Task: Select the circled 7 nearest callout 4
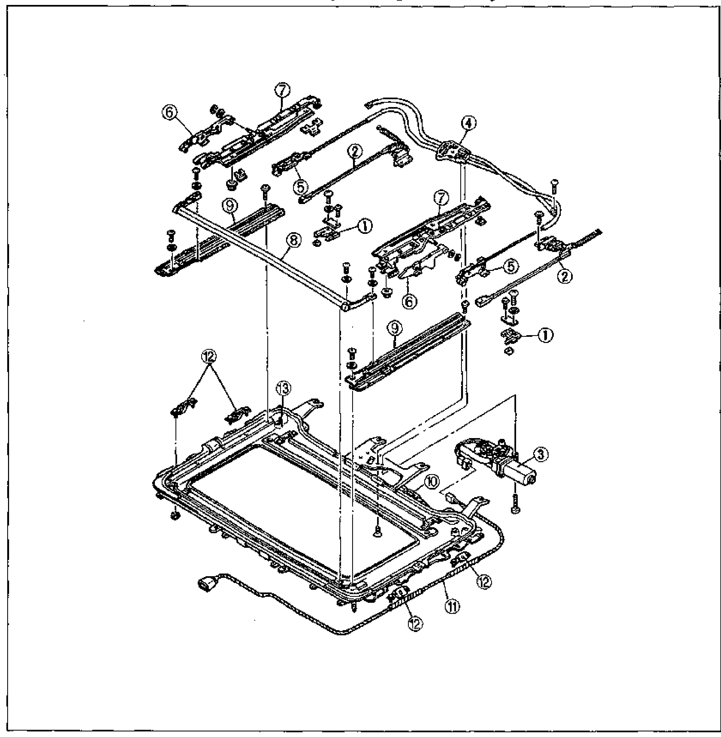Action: (x=441, y=198)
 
